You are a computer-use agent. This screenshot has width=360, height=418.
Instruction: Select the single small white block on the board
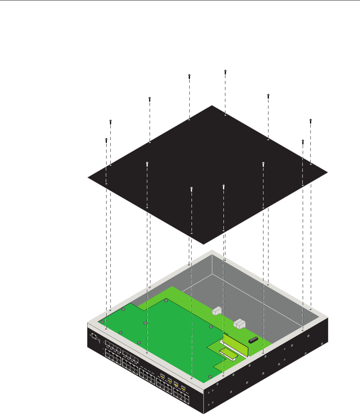(x=217, y=310)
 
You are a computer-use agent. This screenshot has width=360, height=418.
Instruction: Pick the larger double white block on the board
(x=240, y=324)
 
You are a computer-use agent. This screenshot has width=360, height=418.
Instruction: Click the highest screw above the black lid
(x=225, y=71)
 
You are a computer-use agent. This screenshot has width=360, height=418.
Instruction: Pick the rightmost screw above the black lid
(x=310, y=121)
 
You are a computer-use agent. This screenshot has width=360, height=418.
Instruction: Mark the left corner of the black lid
(x=88, y=177)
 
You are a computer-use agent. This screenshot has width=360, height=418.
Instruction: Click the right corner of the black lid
(x=328, y=172)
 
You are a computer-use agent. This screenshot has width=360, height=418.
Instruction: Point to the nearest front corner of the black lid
(x=203, y=244)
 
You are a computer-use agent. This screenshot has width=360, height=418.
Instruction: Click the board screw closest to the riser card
(x=211, y=327)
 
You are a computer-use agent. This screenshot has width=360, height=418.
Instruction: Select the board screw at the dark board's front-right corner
(x=209, y=376)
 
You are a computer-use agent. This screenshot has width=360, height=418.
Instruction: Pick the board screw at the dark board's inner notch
(x=165, y=300)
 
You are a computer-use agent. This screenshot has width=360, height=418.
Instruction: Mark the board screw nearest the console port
(x=102, y=321)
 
